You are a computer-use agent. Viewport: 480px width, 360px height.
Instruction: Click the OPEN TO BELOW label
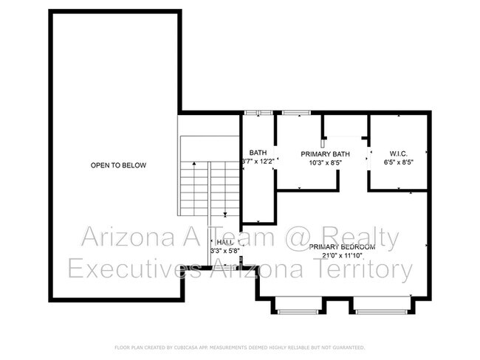118,165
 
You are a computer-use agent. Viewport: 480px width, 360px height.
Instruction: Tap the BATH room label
258,153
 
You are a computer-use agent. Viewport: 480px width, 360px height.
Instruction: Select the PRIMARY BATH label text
325,154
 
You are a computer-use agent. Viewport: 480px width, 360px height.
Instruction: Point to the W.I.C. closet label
397,153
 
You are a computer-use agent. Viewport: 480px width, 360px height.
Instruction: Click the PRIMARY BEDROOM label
342,246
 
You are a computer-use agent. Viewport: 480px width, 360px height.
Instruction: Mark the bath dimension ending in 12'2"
258,162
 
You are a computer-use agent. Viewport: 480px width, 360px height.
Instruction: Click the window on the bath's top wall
258,112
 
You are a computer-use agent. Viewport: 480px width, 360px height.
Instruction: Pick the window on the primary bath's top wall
295,112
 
